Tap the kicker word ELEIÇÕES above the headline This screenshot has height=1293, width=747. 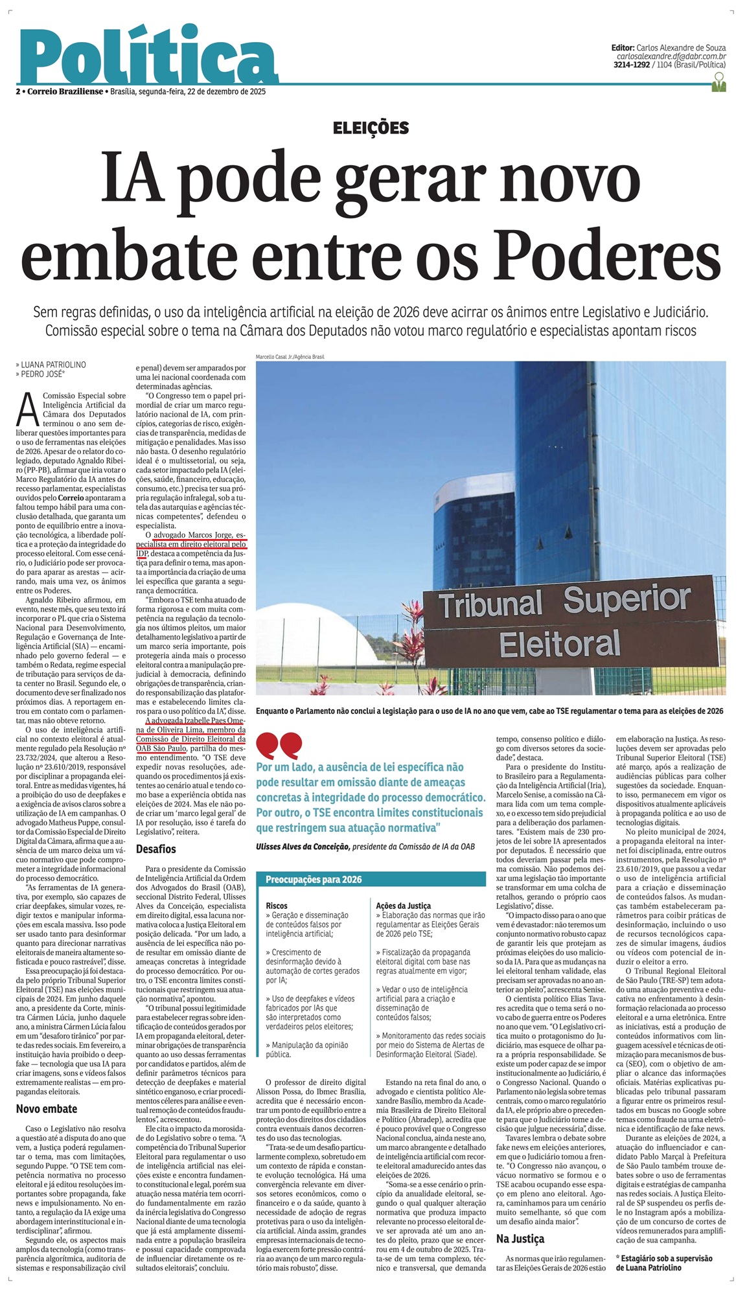371,128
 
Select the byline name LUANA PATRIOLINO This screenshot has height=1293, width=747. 53,365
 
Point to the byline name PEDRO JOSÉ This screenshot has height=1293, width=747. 43,374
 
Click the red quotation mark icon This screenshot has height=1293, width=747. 279,744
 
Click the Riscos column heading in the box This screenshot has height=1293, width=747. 277,905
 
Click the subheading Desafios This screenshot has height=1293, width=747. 156,849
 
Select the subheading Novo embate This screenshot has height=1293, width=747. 47,1109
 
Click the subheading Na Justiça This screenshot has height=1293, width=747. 520,1239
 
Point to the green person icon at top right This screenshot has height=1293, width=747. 718,82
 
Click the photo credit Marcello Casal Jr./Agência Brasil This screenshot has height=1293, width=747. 290,357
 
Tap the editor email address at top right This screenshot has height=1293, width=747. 671,57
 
